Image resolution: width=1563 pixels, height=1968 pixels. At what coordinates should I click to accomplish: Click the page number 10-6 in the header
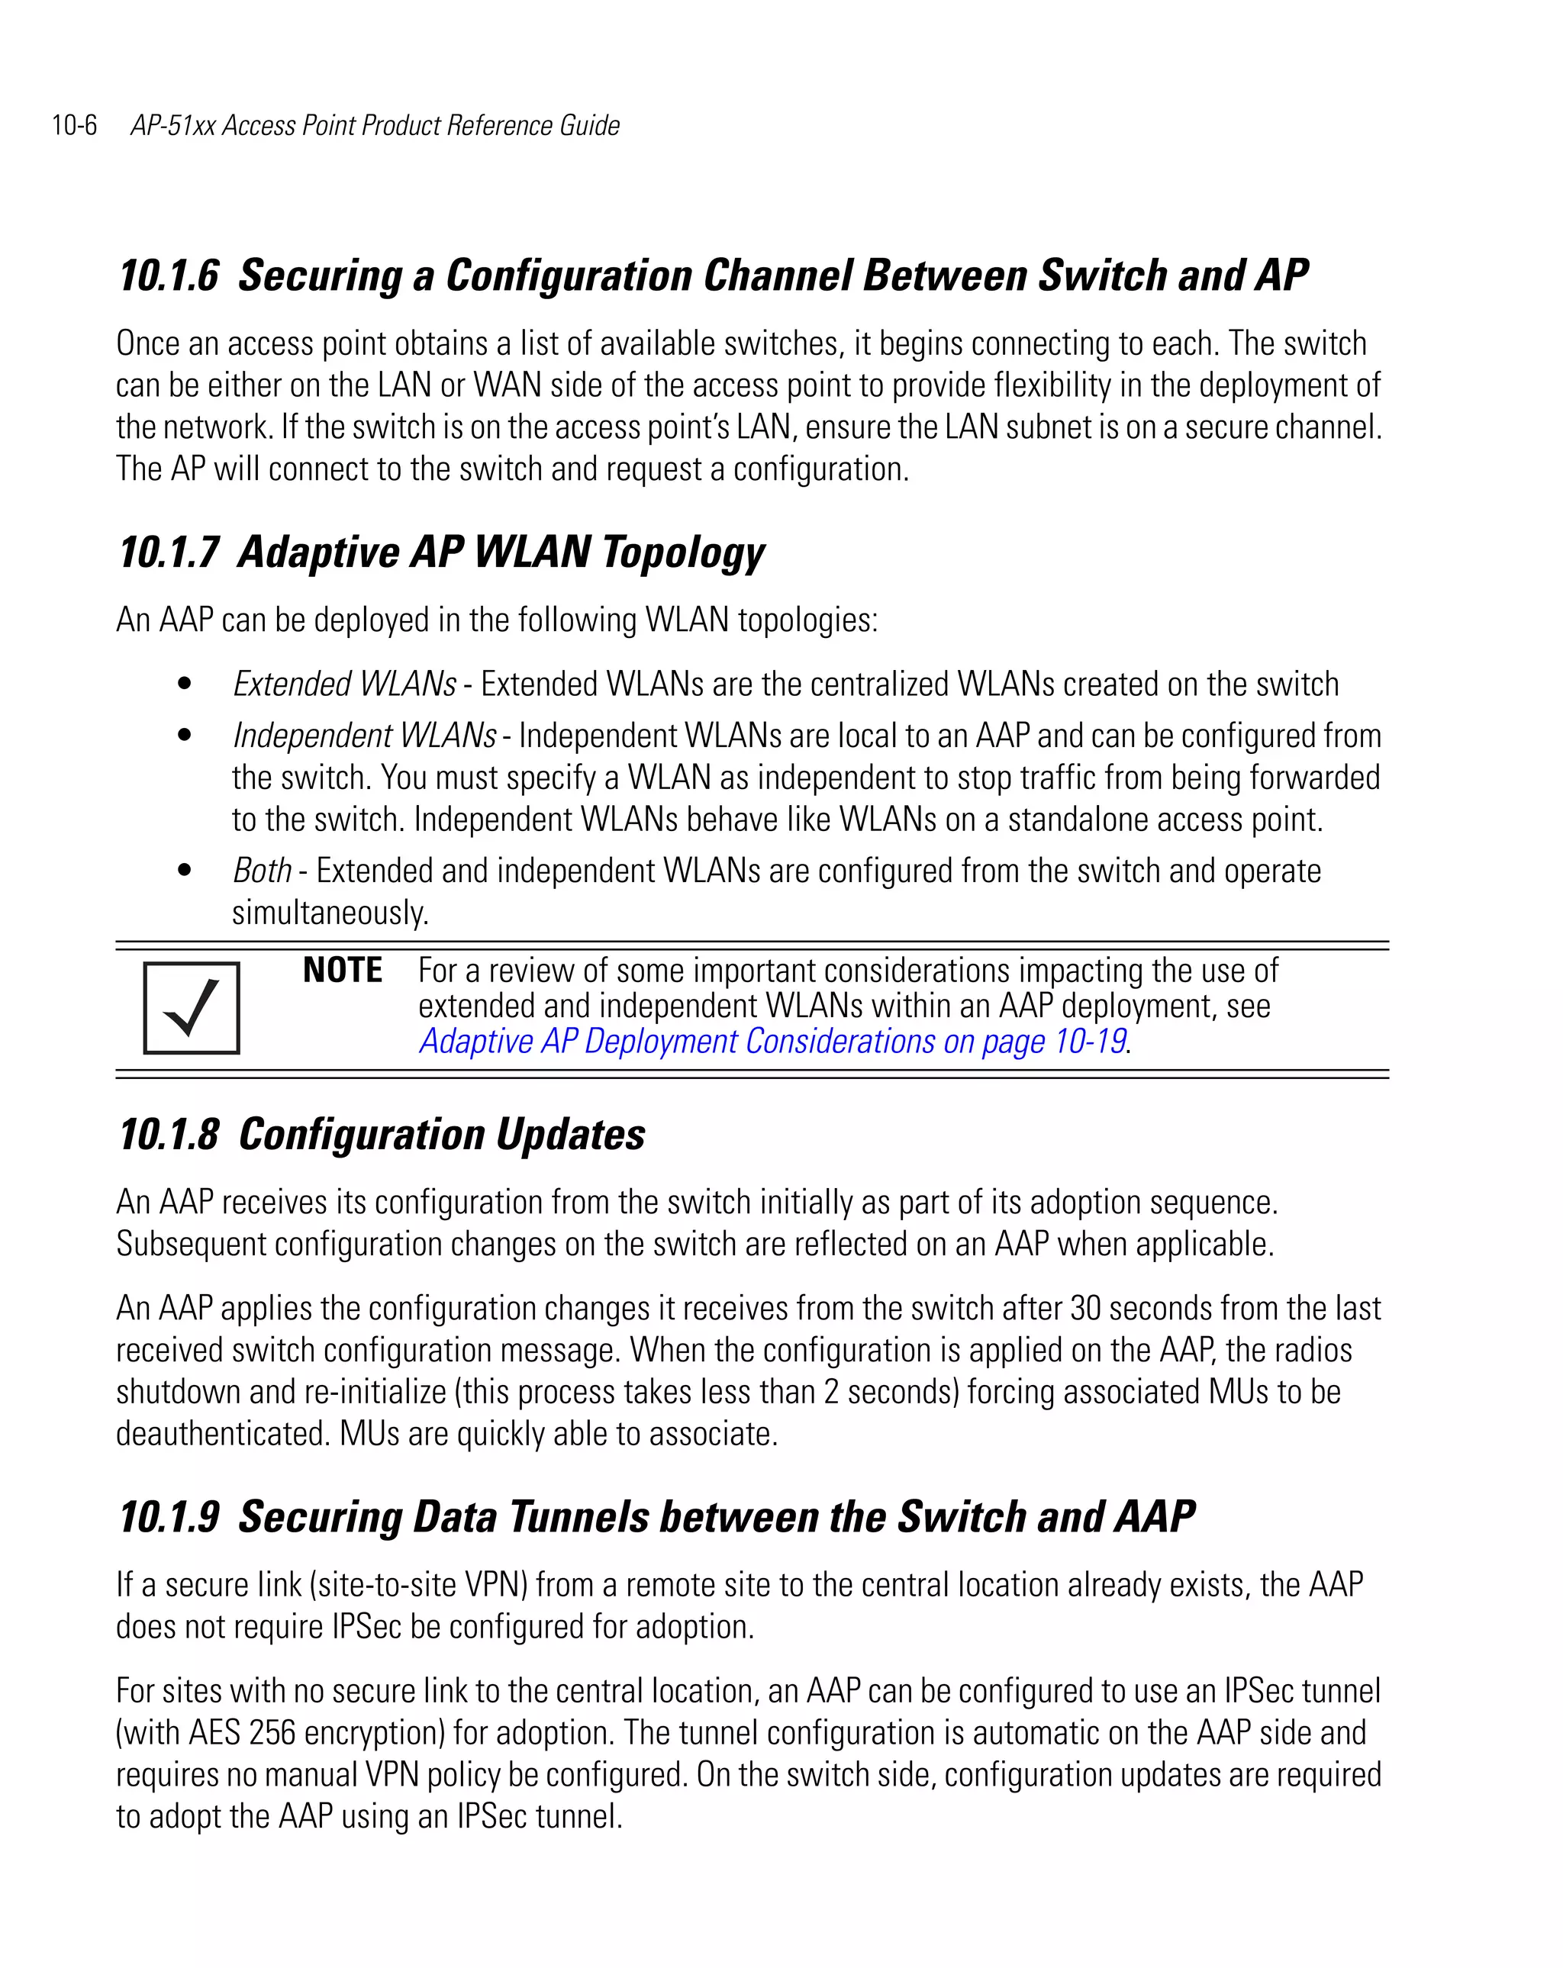74,125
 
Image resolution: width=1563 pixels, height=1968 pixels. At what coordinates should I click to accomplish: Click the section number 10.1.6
169,275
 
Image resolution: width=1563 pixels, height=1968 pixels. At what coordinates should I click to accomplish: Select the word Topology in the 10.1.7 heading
683,553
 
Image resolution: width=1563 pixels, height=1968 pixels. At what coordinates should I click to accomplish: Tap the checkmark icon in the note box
192,1008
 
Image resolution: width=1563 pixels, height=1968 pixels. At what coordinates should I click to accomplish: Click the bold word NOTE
343,971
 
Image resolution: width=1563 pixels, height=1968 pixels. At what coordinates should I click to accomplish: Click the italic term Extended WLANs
344,684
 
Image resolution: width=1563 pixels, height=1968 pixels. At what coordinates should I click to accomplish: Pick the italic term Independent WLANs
364,736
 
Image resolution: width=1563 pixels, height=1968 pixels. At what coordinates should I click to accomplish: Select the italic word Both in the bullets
262,871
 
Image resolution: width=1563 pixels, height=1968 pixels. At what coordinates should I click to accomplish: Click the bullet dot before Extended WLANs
185,684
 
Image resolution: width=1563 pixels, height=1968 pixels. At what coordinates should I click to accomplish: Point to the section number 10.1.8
169,1135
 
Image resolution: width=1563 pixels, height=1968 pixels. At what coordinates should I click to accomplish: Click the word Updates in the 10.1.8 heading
569,1135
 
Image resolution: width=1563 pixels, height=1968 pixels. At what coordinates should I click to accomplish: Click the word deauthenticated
222,1434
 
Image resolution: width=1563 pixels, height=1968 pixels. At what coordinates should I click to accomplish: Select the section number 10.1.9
169,1517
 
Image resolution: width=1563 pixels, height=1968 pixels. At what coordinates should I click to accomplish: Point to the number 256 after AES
271,1732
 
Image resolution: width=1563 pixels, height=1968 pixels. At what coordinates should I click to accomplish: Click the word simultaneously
330,913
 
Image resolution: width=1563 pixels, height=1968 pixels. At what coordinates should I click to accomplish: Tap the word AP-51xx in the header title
172,125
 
